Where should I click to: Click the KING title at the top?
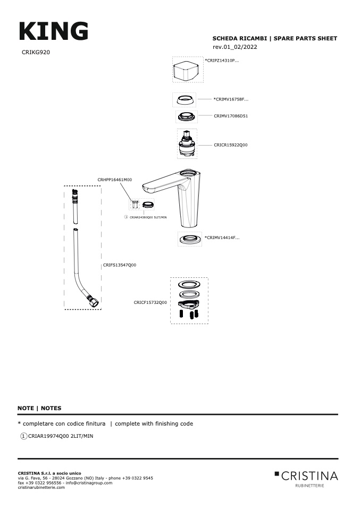click(x=54, y=31)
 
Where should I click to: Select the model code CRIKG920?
click(x=36, y=52)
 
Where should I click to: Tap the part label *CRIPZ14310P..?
click(x=222, y=61)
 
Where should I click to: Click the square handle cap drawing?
click(x=187, y=70)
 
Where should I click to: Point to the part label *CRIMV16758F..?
click(x=231, y=99)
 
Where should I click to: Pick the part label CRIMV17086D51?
click(x=231, y=115)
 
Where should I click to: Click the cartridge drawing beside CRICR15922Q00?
click(x=187, y=143)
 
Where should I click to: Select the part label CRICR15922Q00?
click(x=231, y=145)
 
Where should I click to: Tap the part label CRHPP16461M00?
click(x=114, y=180)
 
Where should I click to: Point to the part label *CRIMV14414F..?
click(x=222, y=237)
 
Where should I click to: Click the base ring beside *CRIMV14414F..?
click(x=190, y=239)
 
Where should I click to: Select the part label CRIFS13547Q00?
click(x=120, y=265)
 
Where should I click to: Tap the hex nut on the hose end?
click(x=95, y=303)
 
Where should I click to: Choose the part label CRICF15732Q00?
click(x=150, y=302)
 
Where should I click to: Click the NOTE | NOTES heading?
click(x=39, y=408)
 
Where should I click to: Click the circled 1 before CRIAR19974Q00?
click(x=23, y=436)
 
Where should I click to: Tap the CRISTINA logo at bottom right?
click(x=306, y=477)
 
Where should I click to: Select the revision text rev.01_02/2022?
click(x=235, y=47)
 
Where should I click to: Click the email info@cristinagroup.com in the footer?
click(x=89, y=482)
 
